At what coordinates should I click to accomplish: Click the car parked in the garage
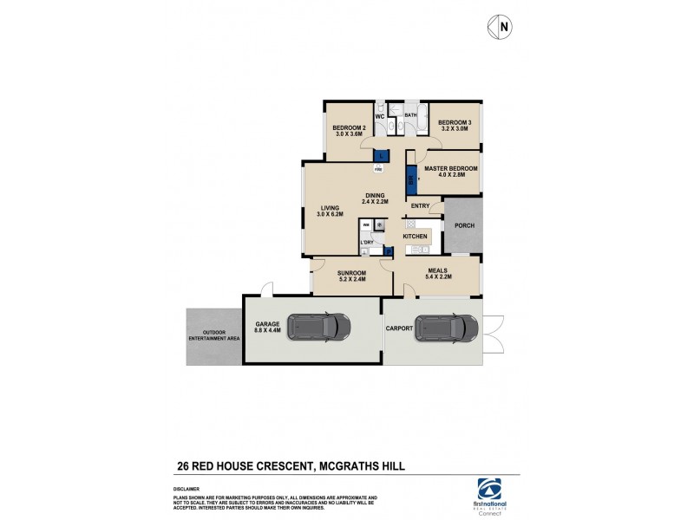(318, 328)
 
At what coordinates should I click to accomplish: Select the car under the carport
(446, 328)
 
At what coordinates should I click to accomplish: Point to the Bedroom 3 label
(454, 122)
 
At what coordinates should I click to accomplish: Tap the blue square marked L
(380, 155)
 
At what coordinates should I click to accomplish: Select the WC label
(380, 116)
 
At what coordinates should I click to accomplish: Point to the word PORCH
(462, 227)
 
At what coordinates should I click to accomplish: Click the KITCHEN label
(415, 236)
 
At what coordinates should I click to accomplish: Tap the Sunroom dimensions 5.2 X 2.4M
(351, 279)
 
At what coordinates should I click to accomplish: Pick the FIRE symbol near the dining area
(378, 169)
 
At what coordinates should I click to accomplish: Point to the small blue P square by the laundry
(387, 252)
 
